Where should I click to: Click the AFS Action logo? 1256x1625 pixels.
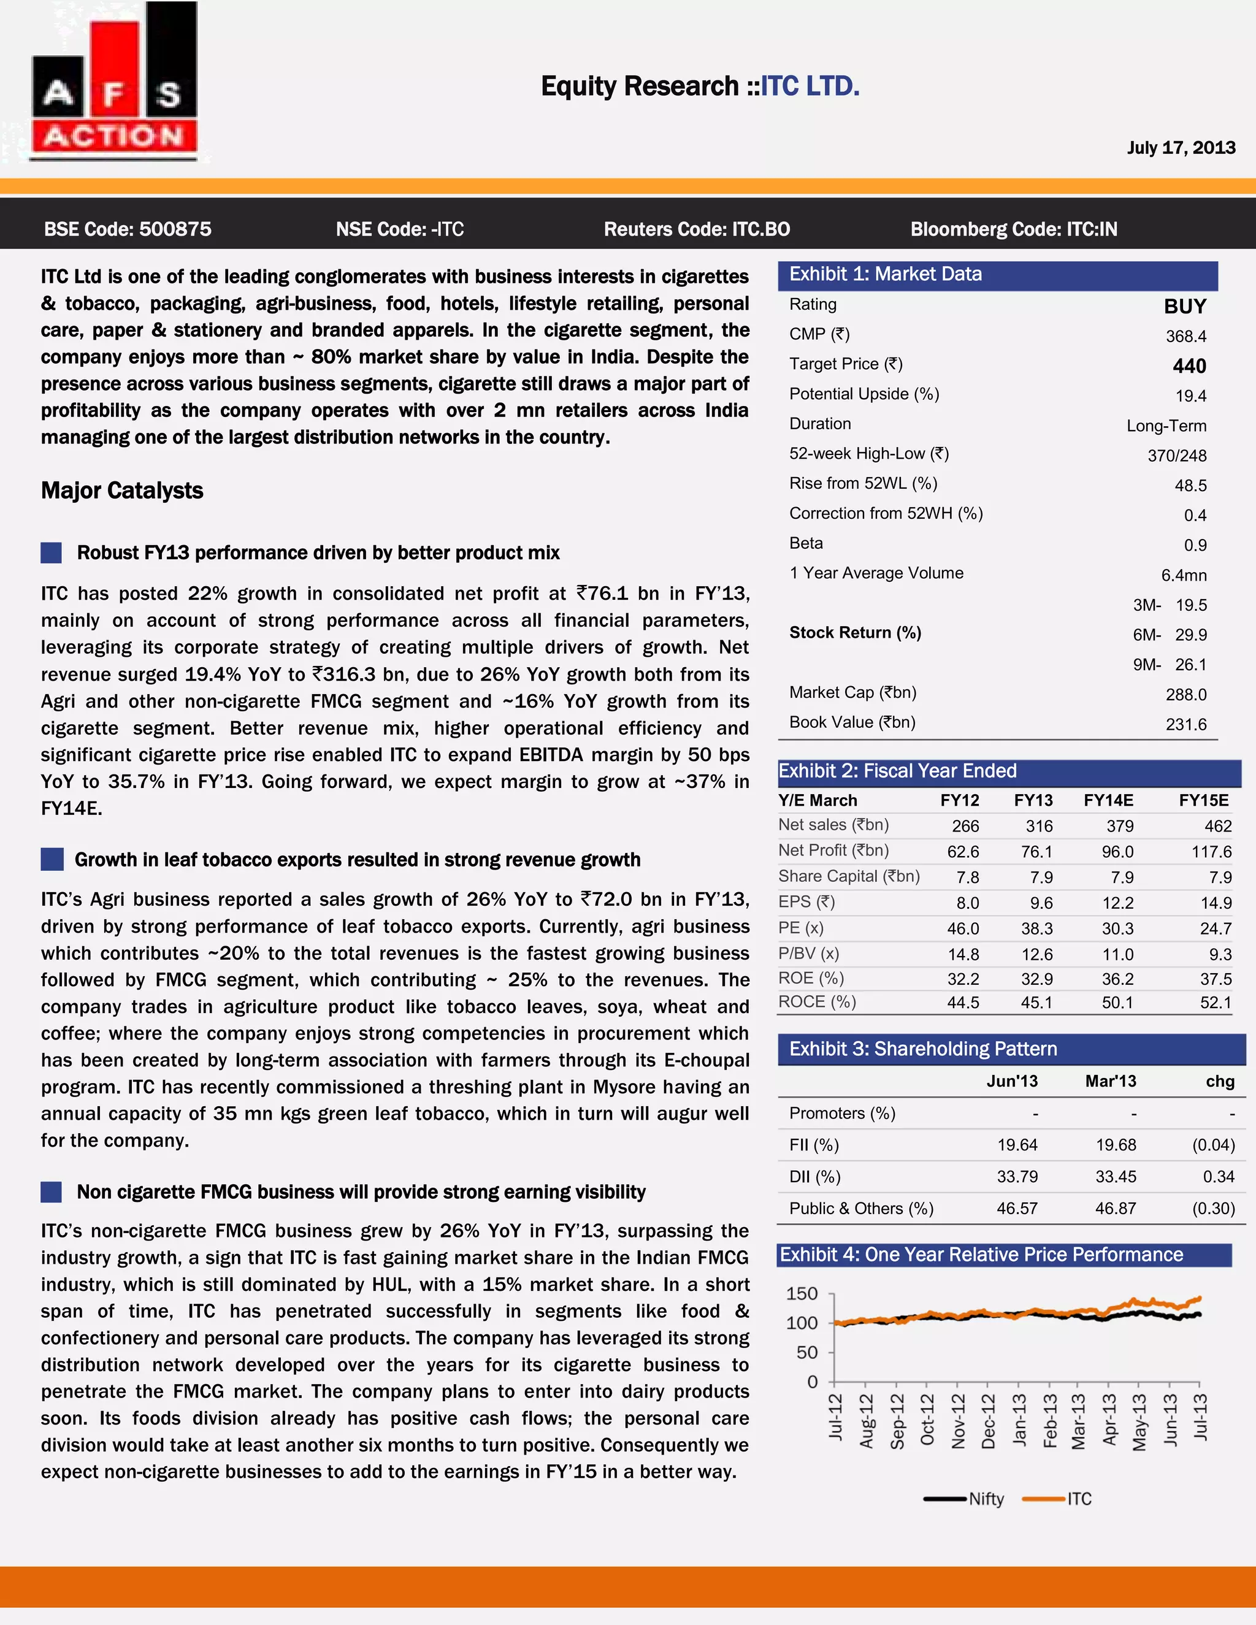coord(115,82)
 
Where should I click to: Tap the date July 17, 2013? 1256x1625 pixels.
coord(1180,147)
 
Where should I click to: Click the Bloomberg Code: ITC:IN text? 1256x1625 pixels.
coord(1013,229)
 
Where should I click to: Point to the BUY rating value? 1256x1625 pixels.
coord(1185,307)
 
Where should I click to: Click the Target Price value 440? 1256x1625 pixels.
coord(1189,366)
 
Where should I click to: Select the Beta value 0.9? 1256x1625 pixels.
coord(1195,545)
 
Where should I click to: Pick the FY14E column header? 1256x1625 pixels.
coord(1108,801)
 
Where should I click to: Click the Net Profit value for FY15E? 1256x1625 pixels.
coord(1211,852)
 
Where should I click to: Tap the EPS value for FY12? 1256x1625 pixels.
coord(967,903)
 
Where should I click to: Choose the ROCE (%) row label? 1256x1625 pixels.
coord(817,1002)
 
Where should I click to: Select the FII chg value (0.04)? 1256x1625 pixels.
coord(1213,1145)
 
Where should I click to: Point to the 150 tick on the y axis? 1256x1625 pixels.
coord(802,1294)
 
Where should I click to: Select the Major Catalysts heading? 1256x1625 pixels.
coord(122,491)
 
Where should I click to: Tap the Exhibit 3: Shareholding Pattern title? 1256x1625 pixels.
coord(922,1049)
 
